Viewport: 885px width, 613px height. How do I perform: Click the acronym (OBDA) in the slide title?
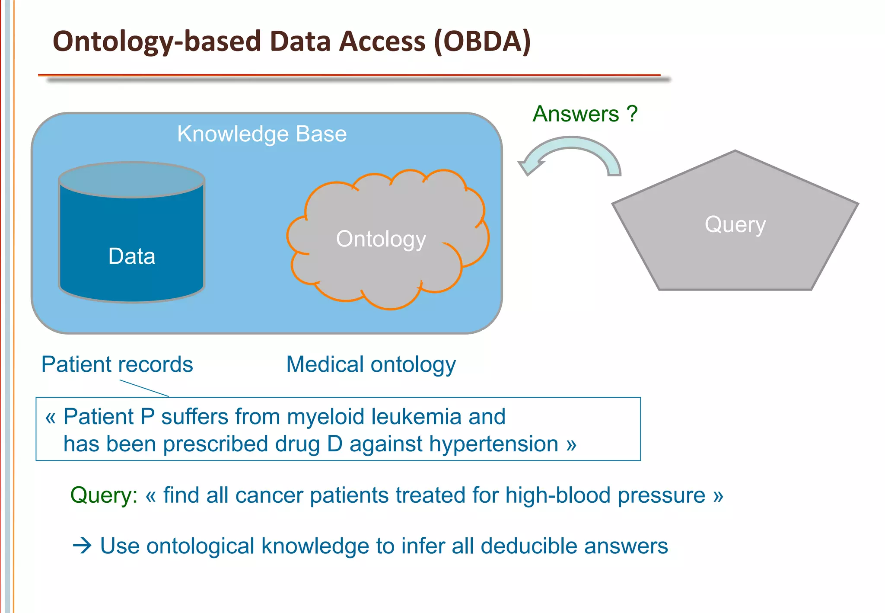(x=482, y=42)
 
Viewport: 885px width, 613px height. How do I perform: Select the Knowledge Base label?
(x=262, y=134)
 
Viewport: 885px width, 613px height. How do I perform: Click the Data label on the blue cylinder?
(x=131, y=256)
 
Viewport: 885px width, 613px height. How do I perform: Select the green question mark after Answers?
(x=632, y=114)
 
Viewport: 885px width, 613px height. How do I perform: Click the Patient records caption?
(x=117, y=364)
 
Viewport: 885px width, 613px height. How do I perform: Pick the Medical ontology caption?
(x=371, y=364)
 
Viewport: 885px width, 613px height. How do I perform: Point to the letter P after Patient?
(x=147, y=417)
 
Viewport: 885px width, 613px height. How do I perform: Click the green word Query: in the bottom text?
(x=104, y=495)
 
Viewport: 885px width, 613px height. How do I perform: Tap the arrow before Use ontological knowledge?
(x=82, y=546)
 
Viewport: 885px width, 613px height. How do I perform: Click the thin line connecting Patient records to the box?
(x=144, y=388)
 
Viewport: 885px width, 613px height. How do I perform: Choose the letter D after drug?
(x=335, y=444)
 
